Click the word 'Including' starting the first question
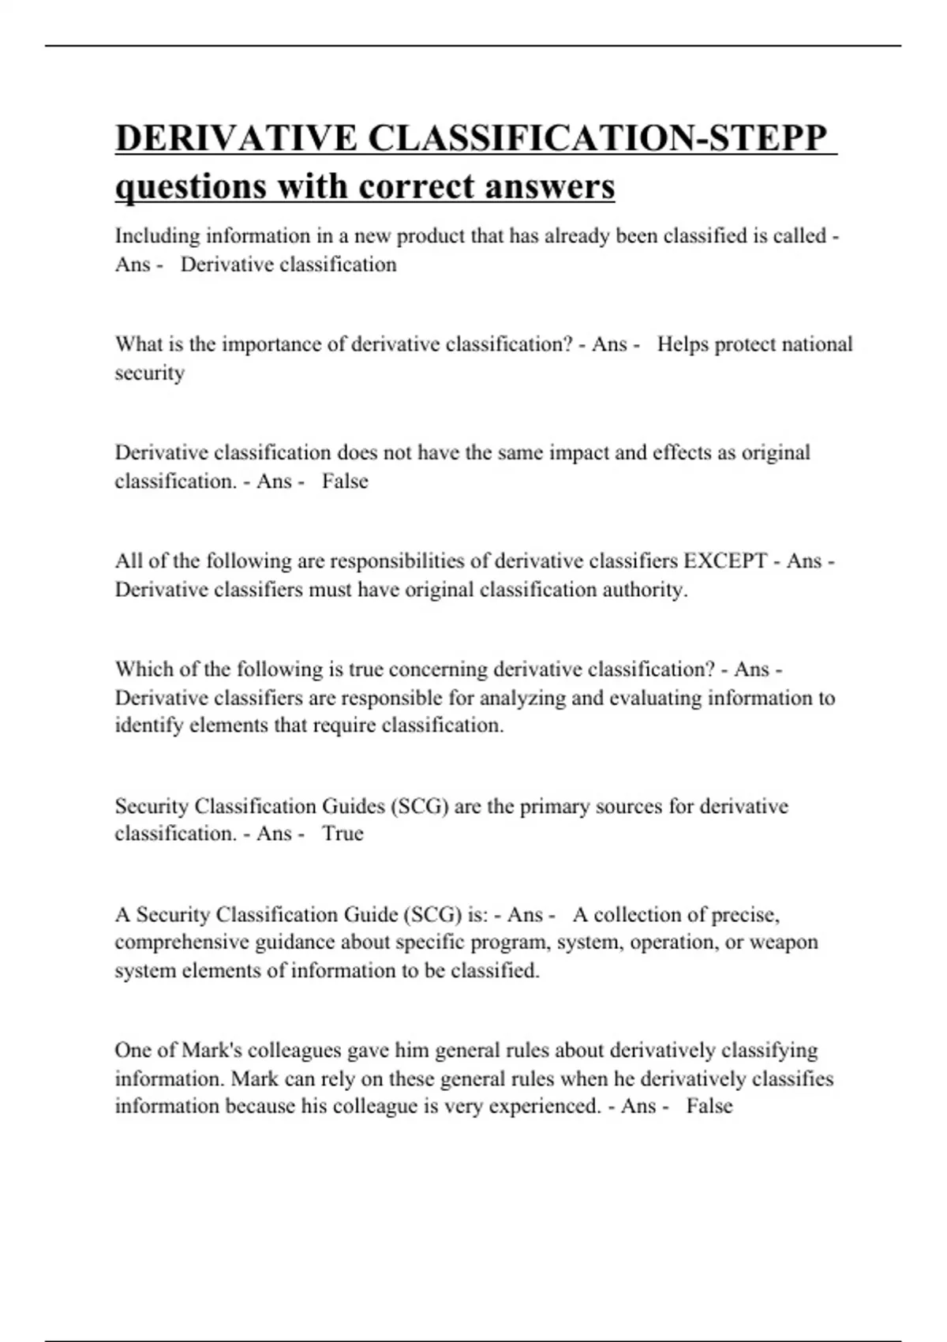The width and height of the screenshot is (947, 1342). [157, 236]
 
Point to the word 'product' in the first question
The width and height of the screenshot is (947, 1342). [429, 236]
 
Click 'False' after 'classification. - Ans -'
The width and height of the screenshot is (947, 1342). [345, 481]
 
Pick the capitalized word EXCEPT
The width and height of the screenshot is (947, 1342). [724, 560]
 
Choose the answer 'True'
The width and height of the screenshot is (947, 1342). [342, 834]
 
